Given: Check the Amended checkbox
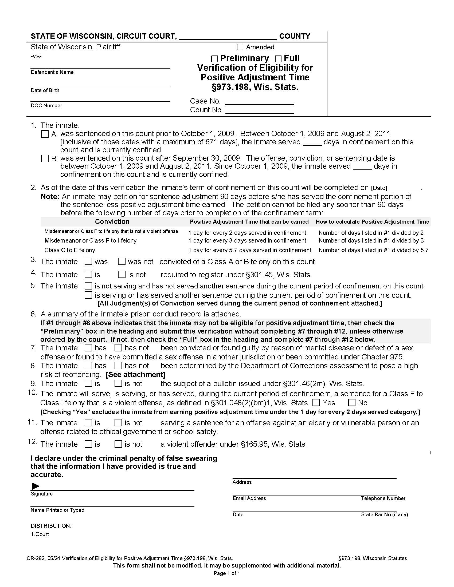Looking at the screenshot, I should point(240,47).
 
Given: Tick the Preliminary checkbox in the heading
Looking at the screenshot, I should point(214,59).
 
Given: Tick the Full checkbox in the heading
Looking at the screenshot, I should point(278,59).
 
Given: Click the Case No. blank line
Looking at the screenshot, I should point(259,102).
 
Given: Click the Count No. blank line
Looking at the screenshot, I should point(259,111).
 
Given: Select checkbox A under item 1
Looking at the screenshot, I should point(45,134).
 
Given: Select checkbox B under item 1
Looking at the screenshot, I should point(45,158).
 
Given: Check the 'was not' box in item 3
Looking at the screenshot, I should point(122,261).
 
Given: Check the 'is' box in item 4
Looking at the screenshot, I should point(88,274).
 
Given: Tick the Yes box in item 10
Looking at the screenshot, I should point(316,402).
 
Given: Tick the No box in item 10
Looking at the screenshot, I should point(352,402).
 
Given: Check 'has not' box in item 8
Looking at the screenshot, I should point(118,366).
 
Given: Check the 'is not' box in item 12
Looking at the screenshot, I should point(118,444).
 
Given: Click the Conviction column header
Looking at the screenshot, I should point(112,221).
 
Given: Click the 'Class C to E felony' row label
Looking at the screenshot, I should point(70,250).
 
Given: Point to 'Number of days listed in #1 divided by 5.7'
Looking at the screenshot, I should point(373,250).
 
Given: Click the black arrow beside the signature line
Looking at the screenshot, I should point(36,486).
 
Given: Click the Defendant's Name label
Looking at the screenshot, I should point(52,72).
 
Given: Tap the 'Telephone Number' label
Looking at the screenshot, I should point(383,498).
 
